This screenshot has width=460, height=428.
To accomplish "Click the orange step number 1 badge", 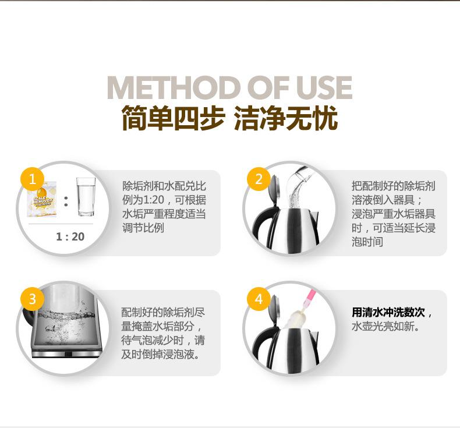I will (33, 178).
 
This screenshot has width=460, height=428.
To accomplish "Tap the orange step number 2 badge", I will (259, 178).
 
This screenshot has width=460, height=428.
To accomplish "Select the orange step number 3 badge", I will (33, 299).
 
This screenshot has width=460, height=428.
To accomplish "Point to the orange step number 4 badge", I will (259, 299).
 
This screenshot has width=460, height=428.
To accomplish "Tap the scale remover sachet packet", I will (44, 198).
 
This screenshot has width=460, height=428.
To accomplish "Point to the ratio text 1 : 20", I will (70, 236).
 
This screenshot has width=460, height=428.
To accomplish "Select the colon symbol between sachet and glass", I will (66, 201).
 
